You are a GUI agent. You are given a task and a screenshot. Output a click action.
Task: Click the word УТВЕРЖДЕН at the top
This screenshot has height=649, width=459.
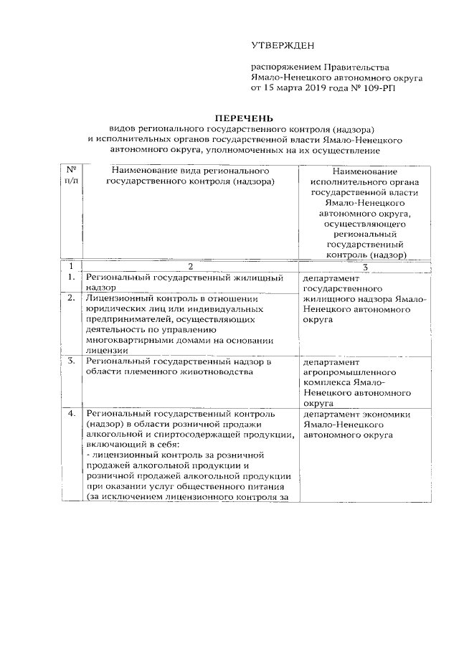tap(283, 46)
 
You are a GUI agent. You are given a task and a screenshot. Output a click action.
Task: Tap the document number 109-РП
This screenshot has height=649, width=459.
tap(378, 87)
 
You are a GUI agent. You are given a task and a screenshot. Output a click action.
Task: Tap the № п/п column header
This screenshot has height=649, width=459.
tap(71, 176)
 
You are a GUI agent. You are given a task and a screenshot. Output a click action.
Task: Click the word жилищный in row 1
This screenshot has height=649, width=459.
tap(252, 276)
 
